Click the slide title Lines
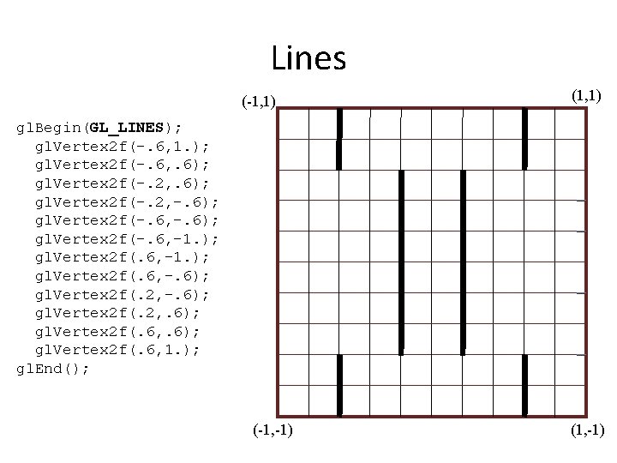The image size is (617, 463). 308,58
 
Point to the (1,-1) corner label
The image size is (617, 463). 586,430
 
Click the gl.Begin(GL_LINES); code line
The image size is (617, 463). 99,128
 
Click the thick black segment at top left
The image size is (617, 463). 339,137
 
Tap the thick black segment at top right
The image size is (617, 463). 524,137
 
